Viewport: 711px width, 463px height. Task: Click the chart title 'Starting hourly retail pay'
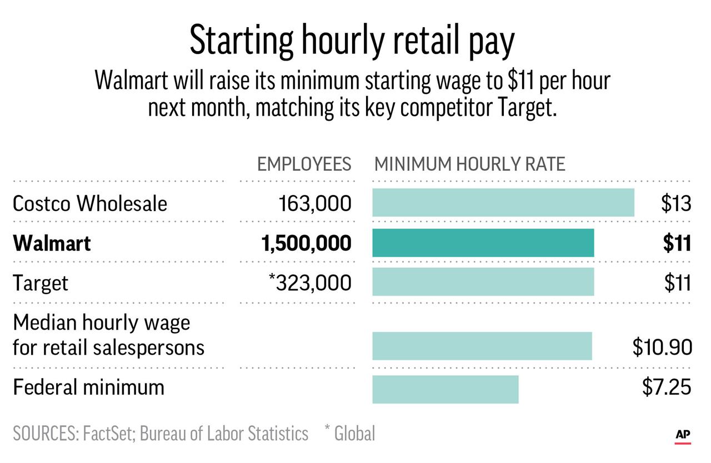pos(352,41)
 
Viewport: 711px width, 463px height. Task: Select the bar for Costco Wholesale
pos(503,203)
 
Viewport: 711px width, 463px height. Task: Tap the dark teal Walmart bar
pos(483,243)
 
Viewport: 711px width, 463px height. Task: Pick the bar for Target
pos(483,282)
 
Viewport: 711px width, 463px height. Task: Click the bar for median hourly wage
pos(482,346)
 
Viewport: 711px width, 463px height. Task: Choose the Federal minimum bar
pos(445,389)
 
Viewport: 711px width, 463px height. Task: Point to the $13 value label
pos(676,203)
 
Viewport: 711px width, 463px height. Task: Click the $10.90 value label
pos(662,347)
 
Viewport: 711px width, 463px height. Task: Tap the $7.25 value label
pos(667,387)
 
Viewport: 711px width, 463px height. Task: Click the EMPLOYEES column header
pos(304,164)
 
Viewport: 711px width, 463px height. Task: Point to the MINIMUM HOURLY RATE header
pos(469,164)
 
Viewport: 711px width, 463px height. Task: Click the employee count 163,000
pos(315,203)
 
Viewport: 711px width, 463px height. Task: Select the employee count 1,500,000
pos(306,243)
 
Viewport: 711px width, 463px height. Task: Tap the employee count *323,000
pos(309,282)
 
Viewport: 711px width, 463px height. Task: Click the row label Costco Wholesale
pos(89,203)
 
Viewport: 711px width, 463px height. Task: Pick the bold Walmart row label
pos(52,243)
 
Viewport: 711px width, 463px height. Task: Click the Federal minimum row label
pos(88,387)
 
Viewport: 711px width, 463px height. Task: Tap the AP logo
pos(683,435)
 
